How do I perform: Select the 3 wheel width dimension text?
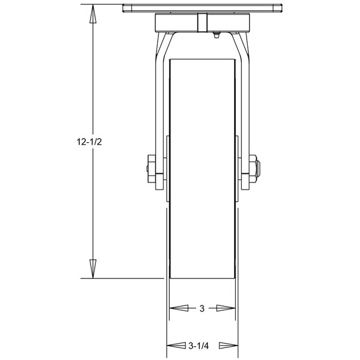tap(202, 308)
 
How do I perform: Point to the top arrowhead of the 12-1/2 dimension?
tap(93, 14)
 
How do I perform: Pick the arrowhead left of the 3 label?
tap(178, 308)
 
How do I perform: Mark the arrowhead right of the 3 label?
tap(226, 308)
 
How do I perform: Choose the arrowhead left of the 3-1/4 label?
tap(175, 346)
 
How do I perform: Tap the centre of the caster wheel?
tap(202, 168)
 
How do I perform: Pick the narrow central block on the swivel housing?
tap(202, 22)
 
